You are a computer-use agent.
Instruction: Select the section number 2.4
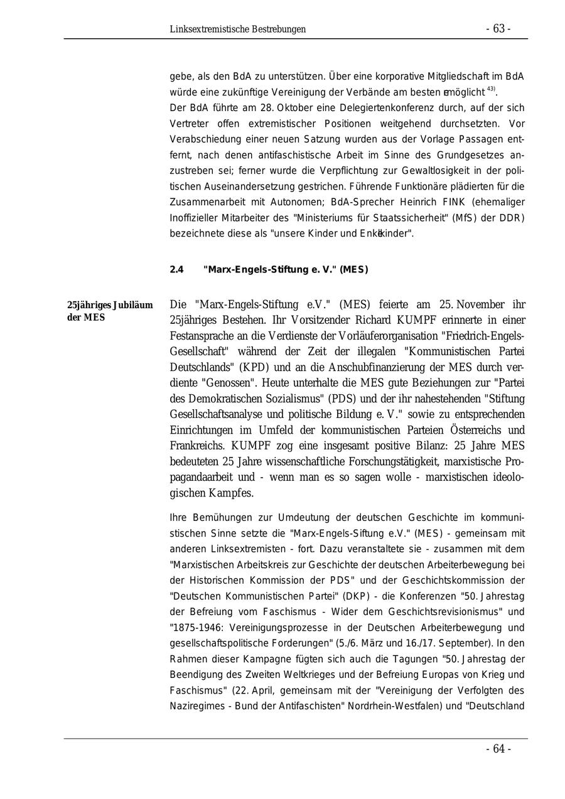pos(176,270)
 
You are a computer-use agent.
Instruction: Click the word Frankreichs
pos(197,446)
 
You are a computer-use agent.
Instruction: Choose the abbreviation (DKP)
pos(353,596)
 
